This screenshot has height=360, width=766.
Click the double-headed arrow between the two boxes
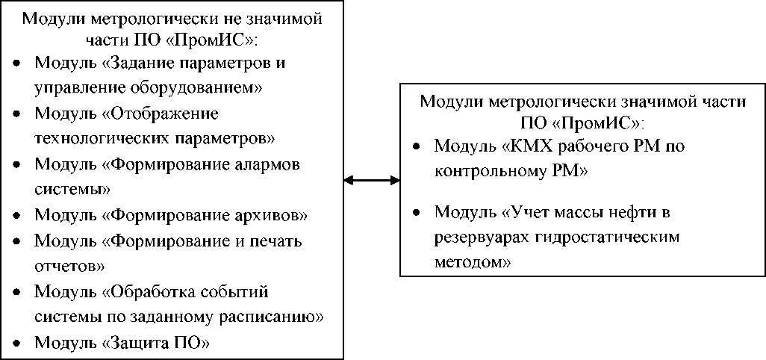[x=371, y=179]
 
